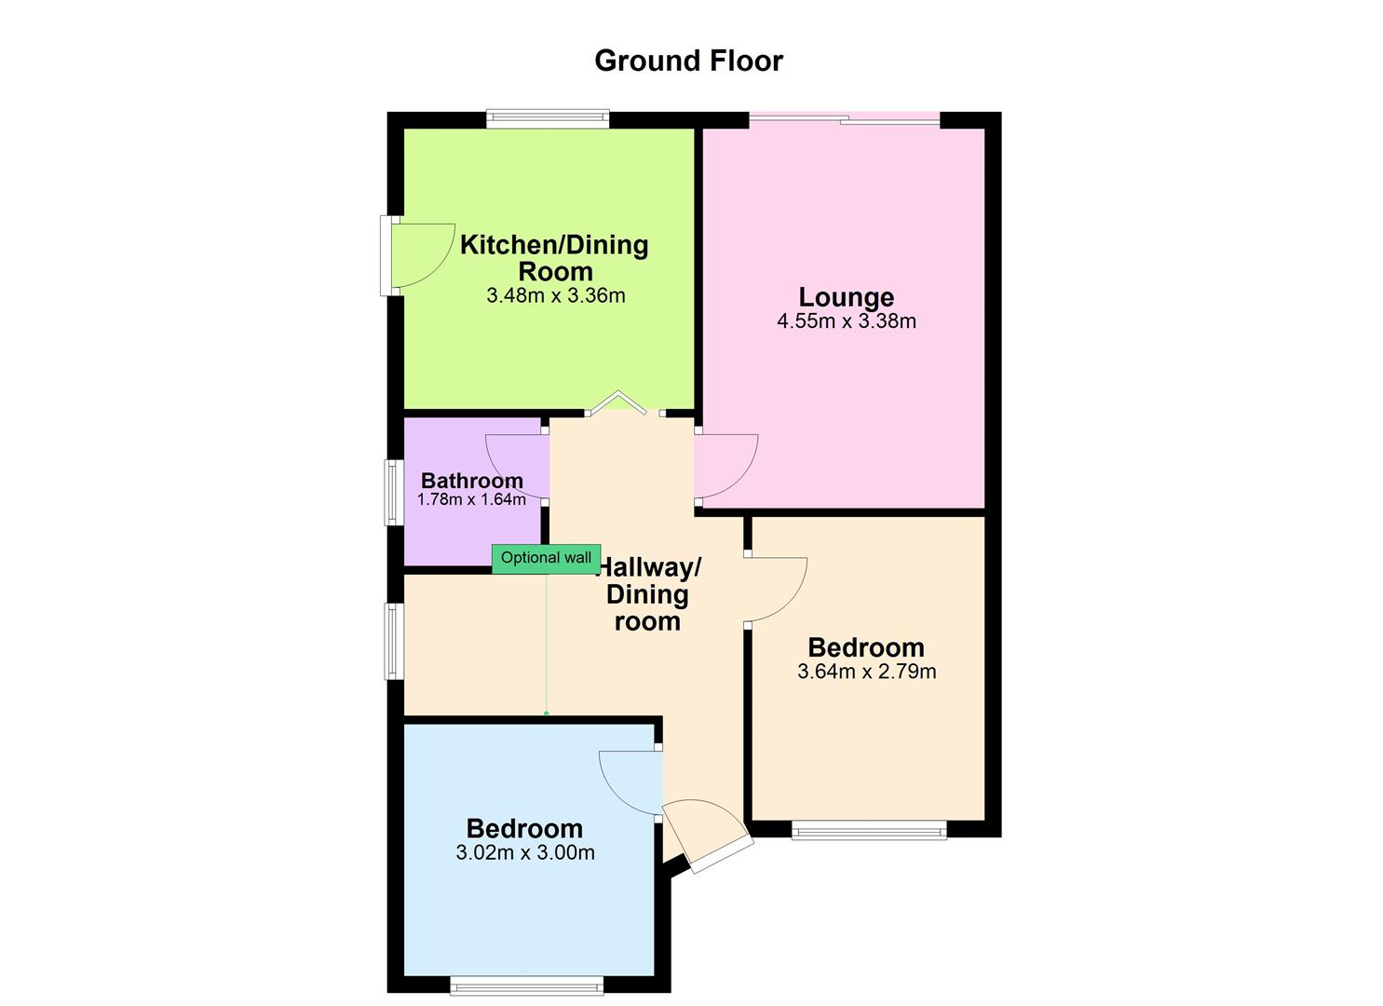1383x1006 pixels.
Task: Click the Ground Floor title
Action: tap(688, 61)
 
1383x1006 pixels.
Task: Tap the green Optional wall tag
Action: tap(546, 558)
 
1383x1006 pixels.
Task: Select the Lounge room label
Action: tap(846, 297)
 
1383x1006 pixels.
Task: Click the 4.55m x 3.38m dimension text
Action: tap(846, 321)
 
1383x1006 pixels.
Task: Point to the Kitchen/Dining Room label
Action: tap(554, 258)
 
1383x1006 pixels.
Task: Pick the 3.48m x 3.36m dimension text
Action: tap(555, 296)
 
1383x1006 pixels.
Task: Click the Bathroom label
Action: tap(471, 481)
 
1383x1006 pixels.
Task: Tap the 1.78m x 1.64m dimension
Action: tap(471, 499)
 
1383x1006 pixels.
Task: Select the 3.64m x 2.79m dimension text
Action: tap(866, 672)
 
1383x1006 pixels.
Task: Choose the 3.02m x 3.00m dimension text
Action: tap(525, 852)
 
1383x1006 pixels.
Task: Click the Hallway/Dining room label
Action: tap(647, 594)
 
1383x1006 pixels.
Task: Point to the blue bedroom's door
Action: tap(628, 782)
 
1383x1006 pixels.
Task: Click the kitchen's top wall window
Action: tap(548, 118)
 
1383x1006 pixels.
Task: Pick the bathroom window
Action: tap(395, 493)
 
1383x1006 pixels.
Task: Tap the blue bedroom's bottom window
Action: tap(526, 985)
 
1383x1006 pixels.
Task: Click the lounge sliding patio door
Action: tap(844, 118)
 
